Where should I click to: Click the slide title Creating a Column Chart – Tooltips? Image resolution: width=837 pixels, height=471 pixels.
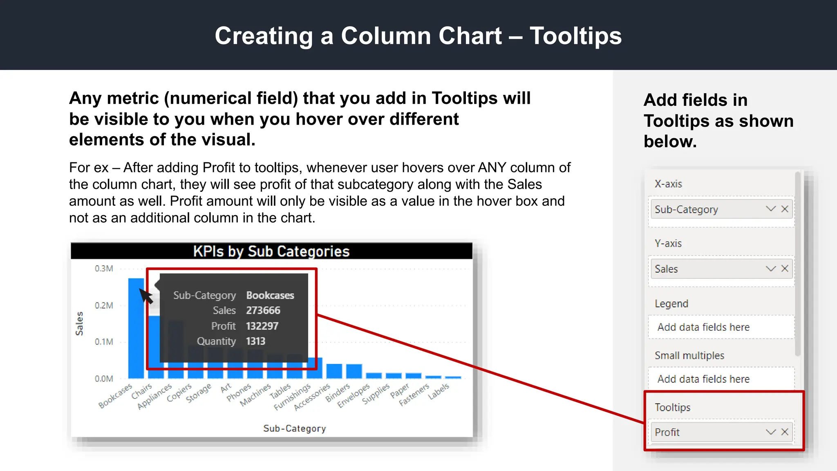[x=418, y=36]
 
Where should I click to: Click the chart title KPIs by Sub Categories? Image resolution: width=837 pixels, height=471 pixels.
[x=271, y=251]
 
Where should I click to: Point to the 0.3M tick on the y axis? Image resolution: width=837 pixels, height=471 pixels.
[x=104, y=269]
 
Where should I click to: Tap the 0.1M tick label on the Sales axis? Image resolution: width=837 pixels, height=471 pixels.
[x=104, y=342]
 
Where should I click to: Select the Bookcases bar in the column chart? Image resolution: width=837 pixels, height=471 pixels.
[x=136, y=327]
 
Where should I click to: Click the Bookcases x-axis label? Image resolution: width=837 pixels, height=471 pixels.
[x=116, y=395]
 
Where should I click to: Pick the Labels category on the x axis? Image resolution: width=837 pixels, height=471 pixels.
[x=439, y=391]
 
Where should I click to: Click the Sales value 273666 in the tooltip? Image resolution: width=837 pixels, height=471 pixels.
[x=263, y=311]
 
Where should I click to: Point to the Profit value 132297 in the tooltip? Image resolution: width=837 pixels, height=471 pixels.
[x=262, y=326]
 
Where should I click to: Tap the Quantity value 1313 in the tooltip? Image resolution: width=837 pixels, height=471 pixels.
[x=255, y=341]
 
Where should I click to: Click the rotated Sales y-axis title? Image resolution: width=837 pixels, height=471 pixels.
[x=79, y=323]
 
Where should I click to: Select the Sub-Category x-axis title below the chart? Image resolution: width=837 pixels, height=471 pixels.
[x=295, y=428]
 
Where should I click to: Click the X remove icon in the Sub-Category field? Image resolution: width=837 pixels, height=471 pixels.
[x=785, y=209]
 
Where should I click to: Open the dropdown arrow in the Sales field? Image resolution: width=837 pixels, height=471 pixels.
[x=771, y=269]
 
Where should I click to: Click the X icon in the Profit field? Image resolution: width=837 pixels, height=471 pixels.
[x=785, y=432]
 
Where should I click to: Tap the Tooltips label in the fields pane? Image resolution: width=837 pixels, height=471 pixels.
[x=673, y=407]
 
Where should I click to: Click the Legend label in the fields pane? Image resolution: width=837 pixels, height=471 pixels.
[x=671, y=304]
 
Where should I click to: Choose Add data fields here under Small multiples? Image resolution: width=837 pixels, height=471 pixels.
[x=703, y=379]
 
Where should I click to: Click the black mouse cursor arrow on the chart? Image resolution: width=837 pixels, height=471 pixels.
[x=145, y=295]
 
